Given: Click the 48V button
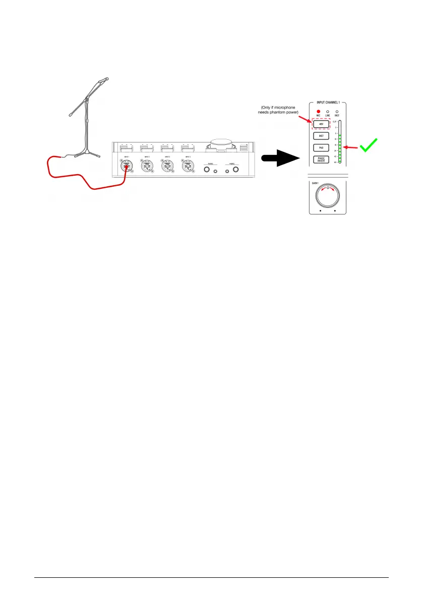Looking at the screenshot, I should tap(321, 124).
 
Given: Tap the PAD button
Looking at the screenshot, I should tap(321, 148).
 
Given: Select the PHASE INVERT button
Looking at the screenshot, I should tap(321, 160).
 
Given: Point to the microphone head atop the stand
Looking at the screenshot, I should tap(103, 80).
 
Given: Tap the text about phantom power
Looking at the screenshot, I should tap(278, 109).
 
